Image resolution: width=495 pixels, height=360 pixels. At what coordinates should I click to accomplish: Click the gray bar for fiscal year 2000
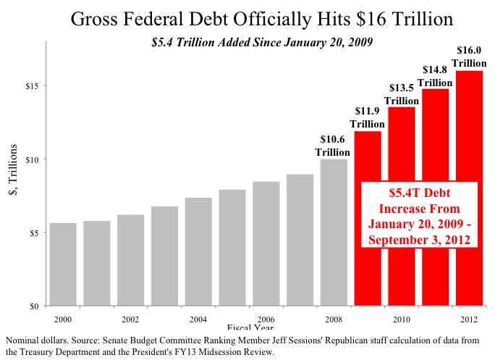(62, 264)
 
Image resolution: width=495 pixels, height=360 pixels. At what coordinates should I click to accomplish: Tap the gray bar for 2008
(334, 232)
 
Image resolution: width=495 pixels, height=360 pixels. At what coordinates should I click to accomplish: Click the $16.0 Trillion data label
(469, 57)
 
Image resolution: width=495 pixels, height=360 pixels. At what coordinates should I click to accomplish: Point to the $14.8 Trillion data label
(435, 76)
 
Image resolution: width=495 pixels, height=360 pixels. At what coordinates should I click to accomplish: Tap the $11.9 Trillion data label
(368, 117)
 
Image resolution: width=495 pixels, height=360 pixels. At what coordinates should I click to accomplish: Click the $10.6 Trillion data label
(334, 146)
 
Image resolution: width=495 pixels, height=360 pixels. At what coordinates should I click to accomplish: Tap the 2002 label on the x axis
(130, 319)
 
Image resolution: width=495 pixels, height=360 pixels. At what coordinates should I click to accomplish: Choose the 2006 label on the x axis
(266, 319)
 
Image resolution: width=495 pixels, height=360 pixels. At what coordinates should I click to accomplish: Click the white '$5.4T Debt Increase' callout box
(419, 216)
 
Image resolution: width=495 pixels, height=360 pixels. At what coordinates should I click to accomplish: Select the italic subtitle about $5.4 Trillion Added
(262, 42)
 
